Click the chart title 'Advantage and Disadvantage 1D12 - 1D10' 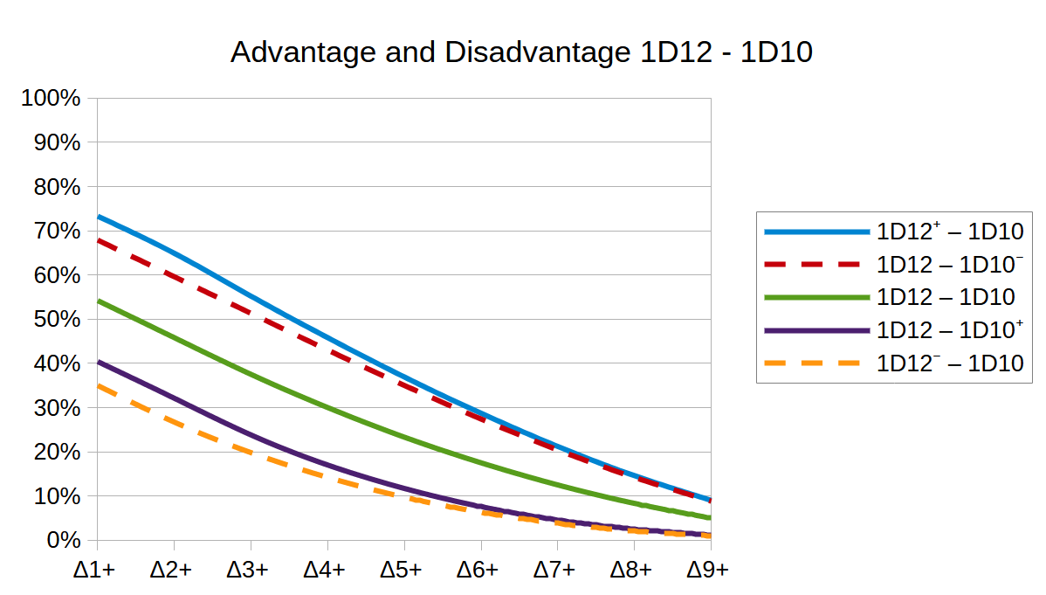tap(521, 52)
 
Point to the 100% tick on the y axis tap(51, 98)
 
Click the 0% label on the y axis tap(61, 540)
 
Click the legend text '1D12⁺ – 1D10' tap(950, 232)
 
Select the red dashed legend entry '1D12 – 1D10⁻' tap(950, 264)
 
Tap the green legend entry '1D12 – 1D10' tap(946, 297)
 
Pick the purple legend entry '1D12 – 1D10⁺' tap(950, 329)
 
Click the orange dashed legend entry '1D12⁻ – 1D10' tap(950, 363)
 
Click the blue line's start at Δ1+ tap(98, 216)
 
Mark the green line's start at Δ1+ tap(98, 301)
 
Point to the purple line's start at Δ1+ tap(98, 361)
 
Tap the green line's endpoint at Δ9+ tap(709, 517)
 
